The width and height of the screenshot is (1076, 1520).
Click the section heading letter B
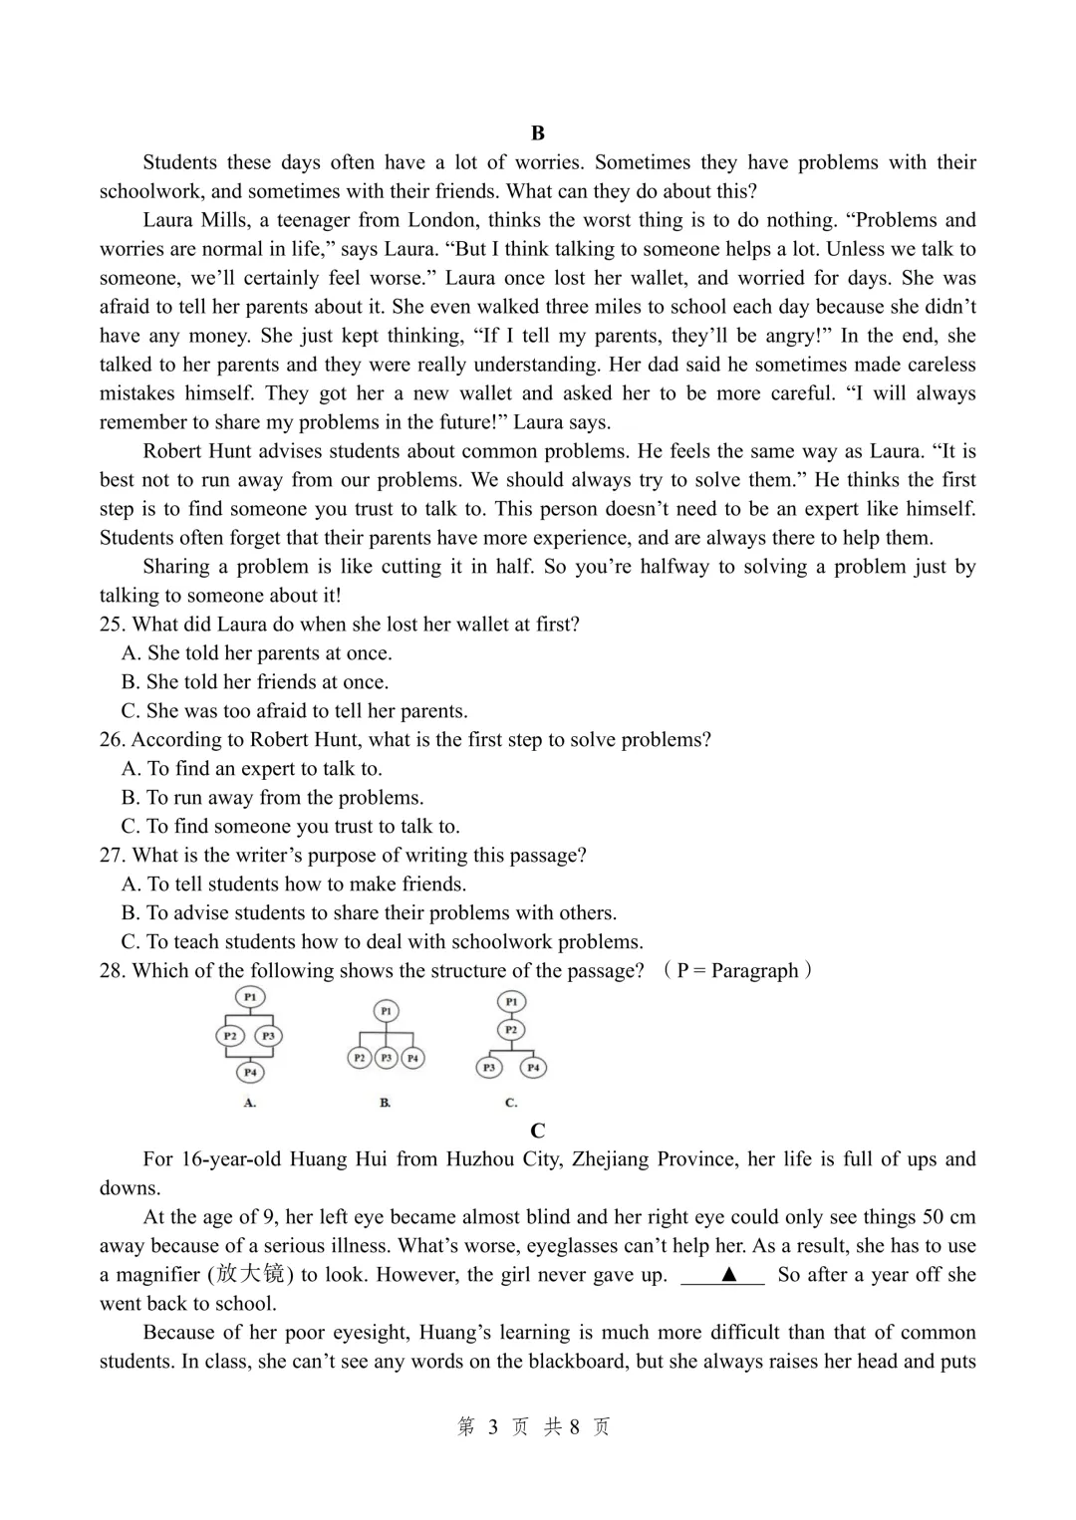pos(538,133)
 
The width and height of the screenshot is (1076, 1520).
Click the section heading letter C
pos(538,1131)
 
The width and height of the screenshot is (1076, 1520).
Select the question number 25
pos(112,625)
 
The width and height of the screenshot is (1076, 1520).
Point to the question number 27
pos(112,856)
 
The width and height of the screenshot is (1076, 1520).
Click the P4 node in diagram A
pos(250,1072)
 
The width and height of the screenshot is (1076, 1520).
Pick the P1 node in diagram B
pos(386,1011)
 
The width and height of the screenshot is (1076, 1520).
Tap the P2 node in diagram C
pos(511,1030)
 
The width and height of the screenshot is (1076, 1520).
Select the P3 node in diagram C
pos(489,1068)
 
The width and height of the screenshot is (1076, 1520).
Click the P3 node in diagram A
pos(268,1036)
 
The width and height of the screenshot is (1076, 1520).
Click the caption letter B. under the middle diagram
pos(386,1103)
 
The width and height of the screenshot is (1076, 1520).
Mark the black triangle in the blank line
pos(728,1274)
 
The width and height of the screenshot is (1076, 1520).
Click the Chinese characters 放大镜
pos(250,1274)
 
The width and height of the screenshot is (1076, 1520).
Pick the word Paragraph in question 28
pos(754,971)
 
